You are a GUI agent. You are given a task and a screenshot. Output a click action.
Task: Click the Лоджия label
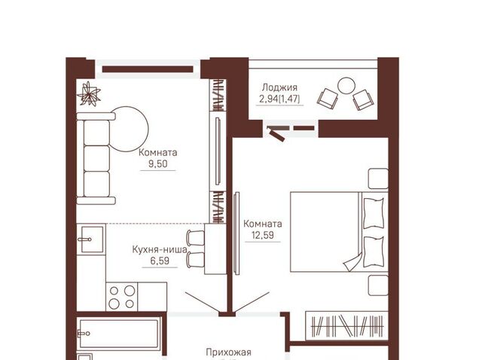click(x=279, y=87)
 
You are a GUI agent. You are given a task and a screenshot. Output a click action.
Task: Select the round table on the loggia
click(x=346, y=86)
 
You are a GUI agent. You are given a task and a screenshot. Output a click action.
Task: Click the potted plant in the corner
click(x=89, y=93)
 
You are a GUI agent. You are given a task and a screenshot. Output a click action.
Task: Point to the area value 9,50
click(x=158, y=164)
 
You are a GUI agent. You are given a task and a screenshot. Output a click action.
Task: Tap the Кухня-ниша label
click(x=160, y=249)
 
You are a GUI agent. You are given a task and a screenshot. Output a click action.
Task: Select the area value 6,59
click(x=160, y=261)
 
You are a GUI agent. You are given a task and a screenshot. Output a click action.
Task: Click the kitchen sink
click(x=90, y=239)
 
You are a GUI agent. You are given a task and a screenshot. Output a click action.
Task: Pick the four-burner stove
click(x=122, y=297)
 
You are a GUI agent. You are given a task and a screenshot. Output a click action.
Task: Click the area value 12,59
click(x=263, y=235)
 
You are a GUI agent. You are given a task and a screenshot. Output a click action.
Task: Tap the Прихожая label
click(x=228, y=352)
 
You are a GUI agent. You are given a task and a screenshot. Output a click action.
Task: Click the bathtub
click(x=119, y=334)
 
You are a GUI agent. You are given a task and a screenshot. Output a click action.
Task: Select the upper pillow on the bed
click(x=374, y=213)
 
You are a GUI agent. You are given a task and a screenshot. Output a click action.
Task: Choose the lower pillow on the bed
click(x=374, y=252)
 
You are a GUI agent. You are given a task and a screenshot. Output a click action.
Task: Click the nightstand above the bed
click(x=378, y=178)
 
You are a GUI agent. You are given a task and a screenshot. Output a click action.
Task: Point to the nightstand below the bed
click(x=378, y=285)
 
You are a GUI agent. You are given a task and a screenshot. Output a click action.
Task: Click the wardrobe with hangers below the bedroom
click(x=346, y=326)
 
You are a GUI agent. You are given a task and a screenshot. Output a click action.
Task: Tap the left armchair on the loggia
click(x=327, y=99)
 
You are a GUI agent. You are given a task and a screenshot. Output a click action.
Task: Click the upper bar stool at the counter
click(x=196, y=238)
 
